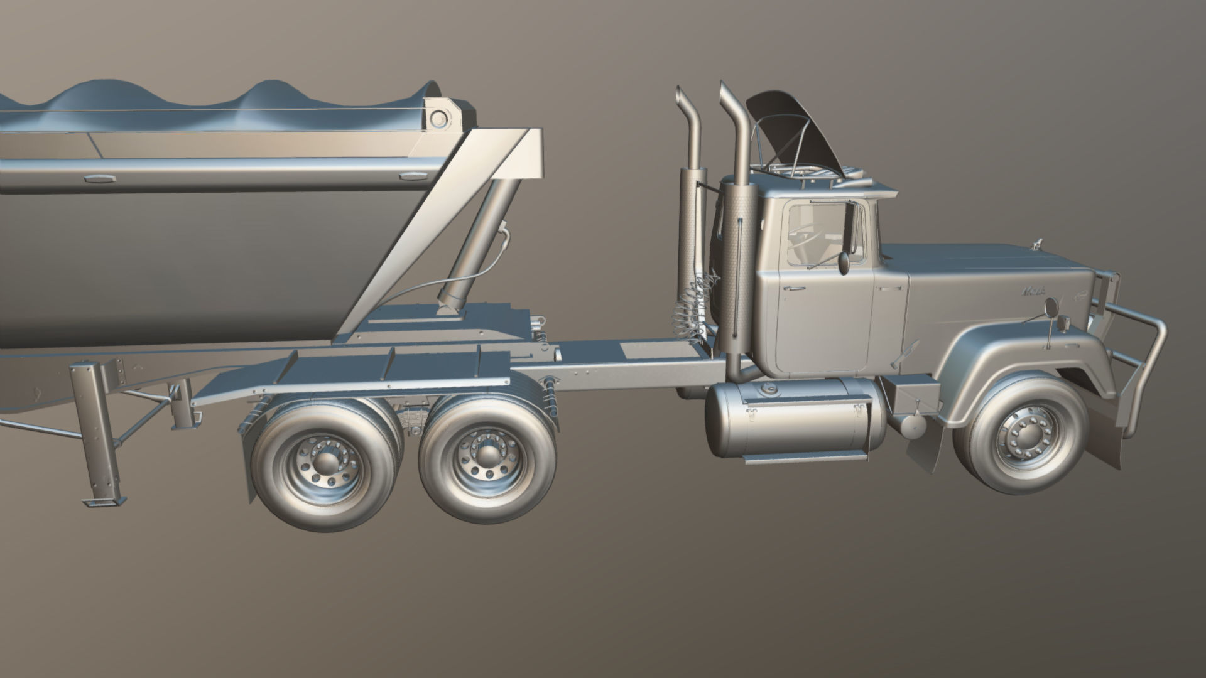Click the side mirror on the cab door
(x=844, y=262)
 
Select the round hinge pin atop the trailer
(x=438, y=118)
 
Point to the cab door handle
(x=793, y=288)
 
